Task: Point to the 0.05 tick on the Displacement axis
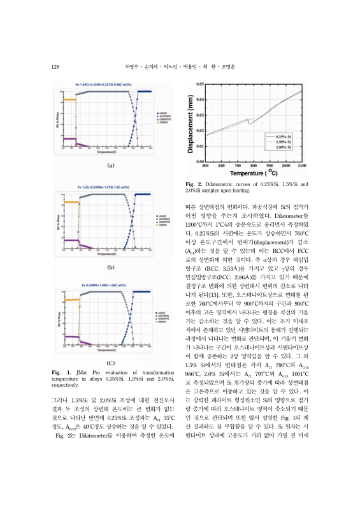[199, 84]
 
